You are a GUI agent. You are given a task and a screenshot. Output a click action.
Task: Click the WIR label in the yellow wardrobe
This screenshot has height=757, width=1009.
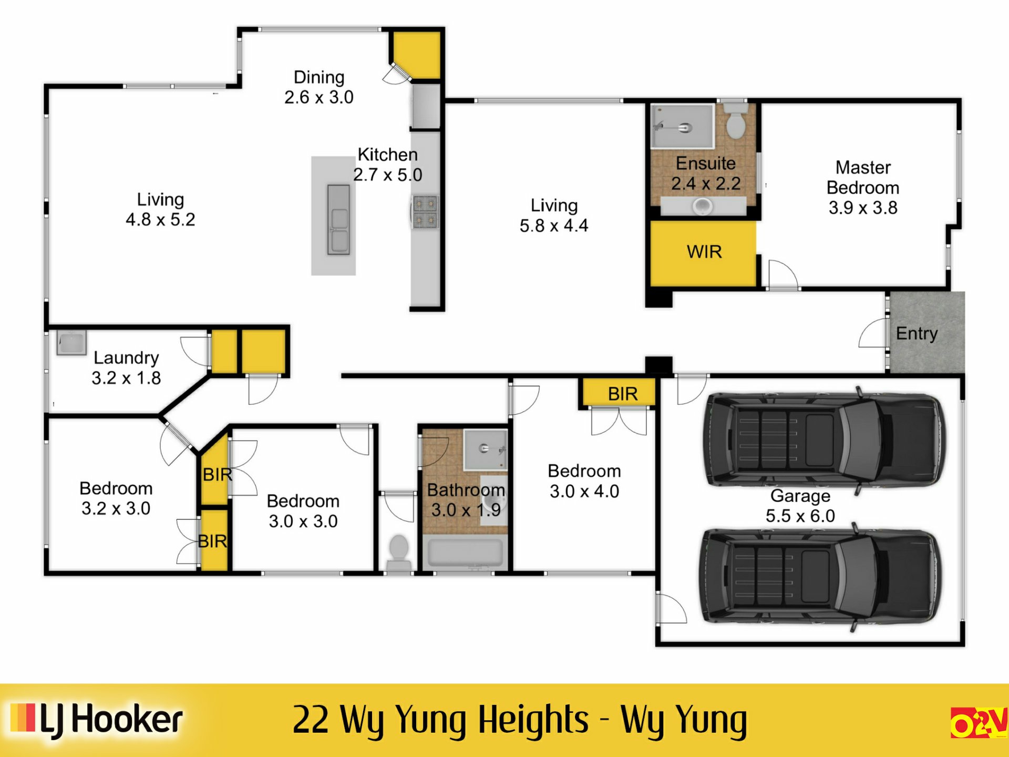pos(704,252)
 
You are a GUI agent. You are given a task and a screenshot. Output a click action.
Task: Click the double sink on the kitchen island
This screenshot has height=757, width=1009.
pos(338,220)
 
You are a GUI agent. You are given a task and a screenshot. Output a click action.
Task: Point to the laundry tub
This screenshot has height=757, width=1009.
pos(71,343)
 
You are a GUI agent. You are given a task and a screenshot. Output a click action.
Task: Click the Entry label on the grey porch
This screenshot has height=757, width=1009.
pos(917,333)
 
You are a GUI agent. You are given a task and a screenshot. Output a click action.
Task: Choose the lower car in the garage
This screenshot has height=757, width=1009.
pos(820,576)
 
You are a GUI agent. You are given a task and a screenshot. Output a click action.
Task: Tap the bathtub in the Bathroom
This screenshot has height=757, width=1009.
pos(466,552)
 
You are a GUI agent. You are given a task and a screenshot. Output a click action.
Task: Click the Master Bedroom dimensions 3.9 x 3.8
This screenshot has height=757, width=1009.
pos(863,208)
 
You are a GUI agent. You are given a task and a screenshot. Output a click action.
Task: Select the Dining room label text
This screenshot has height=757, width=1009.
pos(319,77)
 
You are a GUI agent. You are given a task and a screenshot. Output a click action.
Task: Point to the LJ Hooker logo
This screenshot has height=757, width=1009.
pos(97,720)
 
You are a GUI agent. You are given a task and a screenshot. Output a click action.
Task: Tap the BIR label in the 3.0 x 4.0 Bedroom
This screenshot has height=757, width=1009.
pos(623,394)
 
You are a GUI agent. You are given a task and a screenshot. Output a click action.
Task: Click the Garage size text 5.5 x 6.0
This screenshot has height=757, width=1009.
pos(800,516)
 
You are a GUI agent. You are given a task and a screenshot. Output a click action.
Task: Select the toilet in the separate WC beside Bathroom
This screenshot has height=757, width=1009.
pos(399,549)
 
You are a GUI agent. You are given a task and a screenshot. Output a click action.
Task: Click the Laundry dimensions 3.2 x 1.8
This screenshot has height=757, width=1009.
pos(126,378)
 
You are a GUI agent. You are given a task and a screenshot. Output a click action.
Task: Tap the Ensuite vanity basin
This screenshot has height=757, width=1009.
pos(702,206)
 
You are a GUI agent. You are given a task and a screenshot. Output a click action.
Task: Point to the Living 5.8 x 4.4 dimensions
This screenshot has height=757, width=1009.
pos(554,226)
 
